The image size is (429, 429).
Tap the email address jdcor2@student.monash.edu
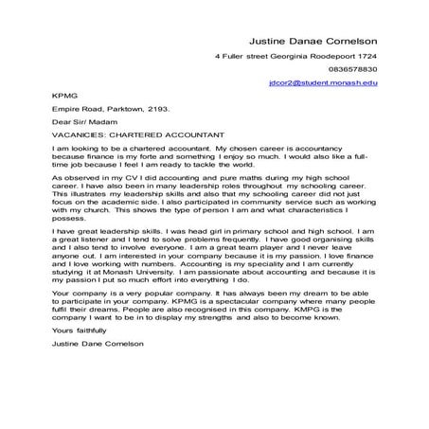324,83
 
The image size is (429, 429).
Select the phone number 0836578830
353,69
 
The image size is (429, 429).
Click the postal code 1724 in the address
366,55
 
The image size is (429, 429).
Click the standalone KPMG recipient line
63,96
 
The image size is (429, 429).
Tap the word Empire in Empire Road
66,109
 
